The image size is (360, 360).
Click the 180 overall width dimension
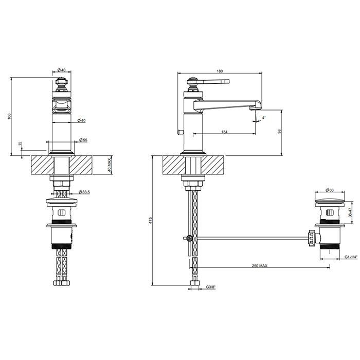pyautogui.click(x=220, y=71)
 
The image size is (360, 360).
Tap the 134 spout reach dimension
pyautogui.click(x=224, y=132)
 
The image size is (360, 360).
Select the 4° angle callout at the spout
pyautogui.click(x=264, y=117)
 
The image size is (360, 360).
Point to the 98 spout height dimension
pyautogui.click(x=279, y=131)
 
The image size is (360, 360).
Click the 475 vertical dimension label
pyautogui.click(x=150, y=220)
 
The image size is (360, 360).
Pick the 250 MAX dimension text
pyautogui.click(x=259, y=266)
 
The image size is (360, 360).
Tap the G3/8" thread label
pyautogui.click(x=211, y=287)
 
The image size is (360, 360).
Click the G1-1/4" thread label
pyautogui.click(x=351, y=257)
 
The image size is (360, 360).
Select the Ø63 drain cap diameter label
pyautogui.click(x=330, y=190)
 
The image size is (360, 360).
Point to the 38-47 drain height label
pyautogui.click(x=350, y=212)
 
